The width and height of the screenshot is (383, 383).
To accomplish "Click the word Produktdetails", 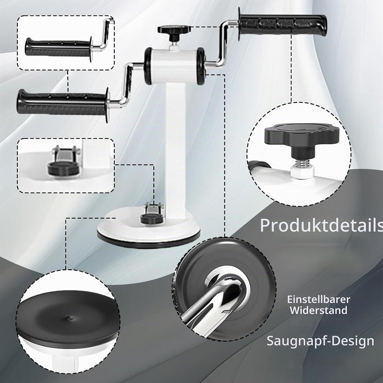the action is point(321,225).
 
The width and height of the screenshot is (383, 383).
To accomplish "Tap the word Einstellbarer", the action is point(319,299).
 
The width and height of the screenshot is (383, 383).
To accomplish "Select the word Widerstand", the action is point(319,311).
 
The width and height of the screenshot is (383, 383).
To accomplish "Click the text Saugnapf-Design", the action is point(320,341).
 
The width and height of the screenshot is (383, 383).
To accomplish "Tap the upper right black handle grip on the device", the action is point(282,24).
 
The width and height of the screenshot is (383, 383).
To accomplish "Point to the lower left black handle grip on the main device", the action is point(63,104).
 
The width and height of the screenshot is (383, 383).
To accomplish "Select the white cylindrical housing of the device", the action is point(174,66).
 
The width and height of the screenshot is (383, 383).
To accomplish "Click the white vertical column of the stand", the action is point(176,147).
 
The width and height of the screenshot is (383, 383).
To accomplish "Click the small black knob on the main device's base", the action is point(152,219).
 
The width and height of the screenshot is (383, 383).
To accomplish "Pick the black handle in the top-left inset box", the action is point(59,47).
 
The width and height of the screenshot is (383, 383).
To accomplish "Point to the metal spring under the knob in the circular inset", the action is point(302,163).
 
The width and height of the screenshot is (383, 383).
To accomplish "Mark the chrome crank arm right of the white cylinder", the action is point(221,44).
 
